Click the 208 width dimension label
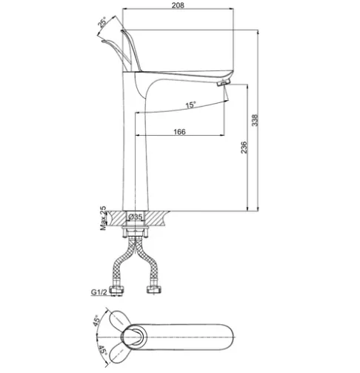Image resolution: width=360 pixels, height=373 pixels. [x=178, y=5]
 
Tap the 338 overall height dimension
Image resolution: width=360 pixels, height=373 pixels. [x=255, y=120]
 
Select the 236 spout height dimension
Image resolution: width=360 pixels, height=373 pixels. [x=244, y=148]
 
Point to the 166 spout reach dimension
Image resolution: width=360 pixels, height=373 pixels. [x=179, y=132]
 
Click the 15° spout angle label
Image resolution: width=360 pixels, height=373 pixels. [x=190, y=105]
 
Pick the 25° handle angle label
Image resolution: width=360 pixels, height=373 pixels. [x=102, y=22]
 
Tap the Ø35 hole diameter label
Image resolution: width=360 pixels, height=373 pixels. [x=136, y=217]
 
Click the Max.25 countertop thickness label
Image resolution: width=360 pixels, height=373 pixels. [x=103, y=218]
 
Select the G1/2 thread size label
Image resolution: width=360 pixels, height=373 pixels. [x=99, y=292]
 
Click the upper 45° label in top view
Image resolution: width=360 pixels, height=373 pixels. [x=96, y=320]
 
